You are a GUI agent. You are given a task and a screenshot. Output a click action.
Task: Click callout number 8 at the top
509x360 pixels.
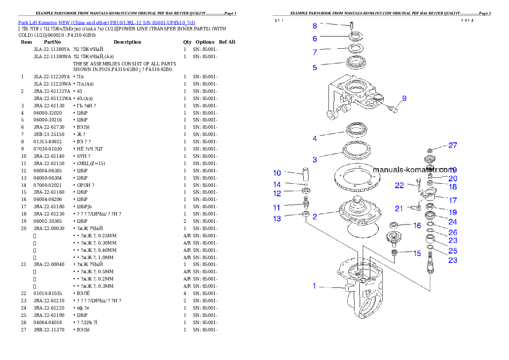click(x=315, y=26)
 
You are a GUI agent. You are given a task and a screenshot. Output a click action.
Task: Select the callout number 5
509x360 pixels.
click(x=315, y=68)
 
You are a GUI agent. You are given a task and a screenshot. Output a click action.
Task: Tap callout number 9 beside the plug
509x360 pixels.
click(x=404, y=98)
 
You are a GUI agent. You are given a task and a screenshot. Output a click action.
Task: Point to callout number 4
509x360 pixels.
click(x=315, y=139)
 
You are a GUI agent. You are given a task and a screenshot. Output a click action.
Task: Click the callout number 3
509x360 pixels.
click(x=315, y=159)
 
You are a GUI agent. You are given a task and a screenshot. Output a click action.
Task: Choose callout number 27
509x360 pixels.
click(x=453, y=145)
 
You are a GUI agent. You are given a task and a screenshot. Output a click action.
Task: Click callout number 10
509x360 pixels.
click(x=277, y=173)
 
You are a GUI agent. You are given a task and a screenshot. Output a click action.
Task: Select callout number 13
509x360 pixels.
click(x=277, y=219)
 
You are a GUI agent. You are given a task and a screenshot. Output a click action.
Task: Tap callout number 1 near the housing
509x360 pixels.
click(x=314, y=286)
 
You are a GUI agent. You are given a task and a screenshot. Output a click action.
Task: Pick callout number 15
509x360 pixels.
click(x=417, y=254)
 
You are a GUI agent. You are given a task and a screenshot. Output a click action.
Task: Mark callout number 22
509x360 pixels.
click(x=399, y=186)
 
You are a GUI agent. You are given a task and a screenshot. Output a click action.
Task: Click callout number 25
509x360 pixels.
click(x=453, y=251)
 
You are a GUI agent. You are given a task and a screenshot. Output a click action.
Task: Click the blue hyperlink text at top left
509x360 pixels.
click(x=107, y=23)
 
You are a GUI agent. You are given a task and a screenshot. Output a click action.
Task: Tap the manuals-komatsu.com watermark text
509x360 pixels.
click(x=413, y=169)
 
